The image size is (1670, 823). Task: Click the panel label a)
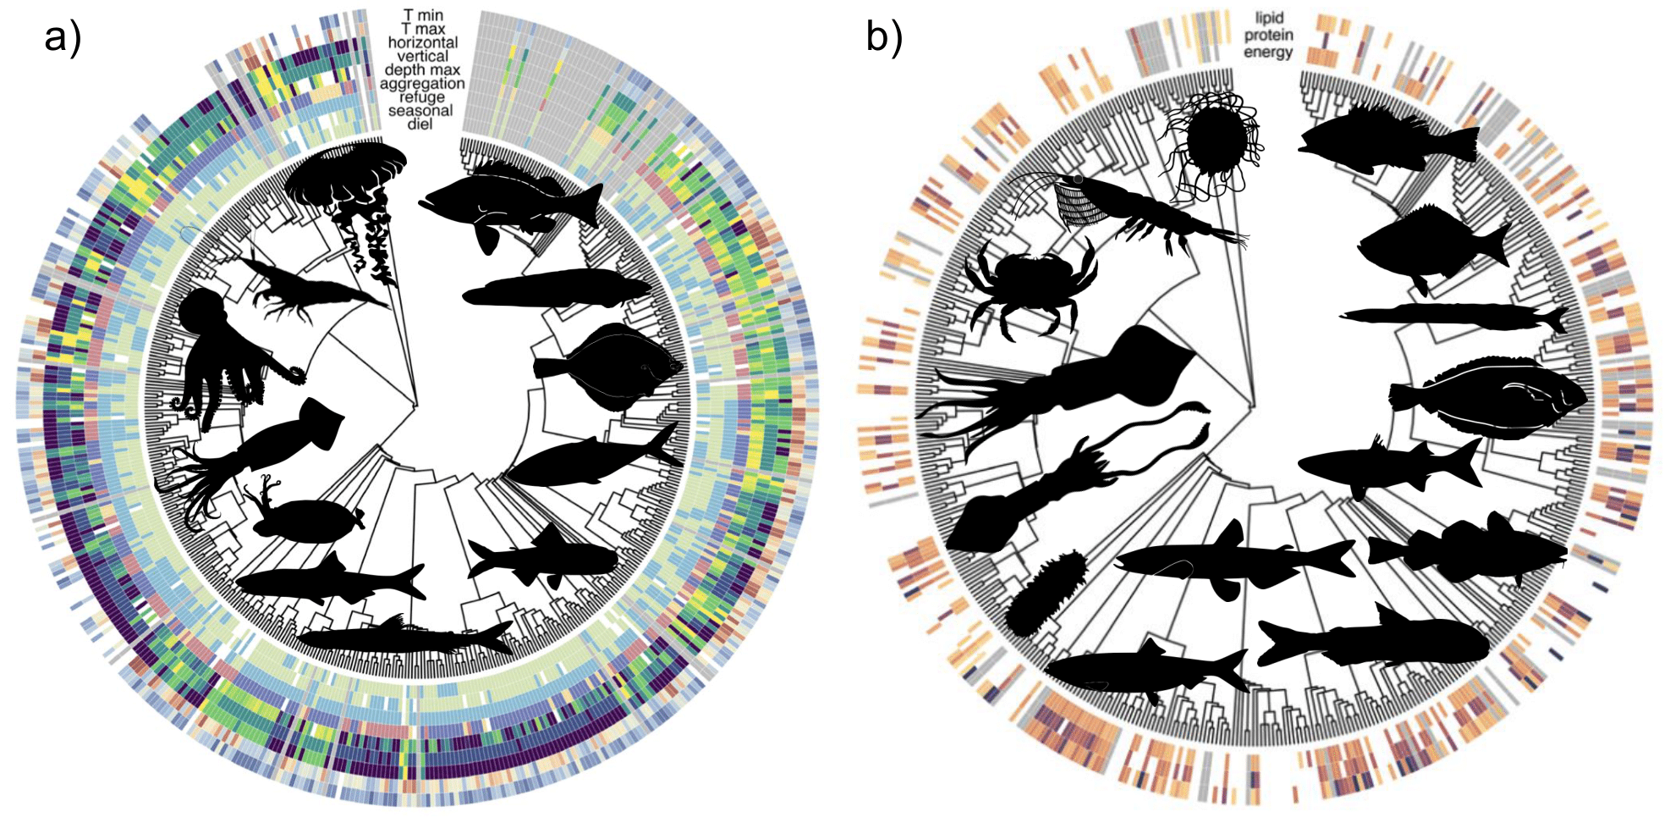[x=63, y=38]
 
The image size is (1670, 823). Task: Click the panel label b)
[x=884, y=36]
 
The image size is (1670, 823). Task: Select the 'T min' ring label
[x=422, y=15]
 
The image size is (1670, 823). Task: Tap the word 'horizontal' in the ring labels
[x=422, y=42]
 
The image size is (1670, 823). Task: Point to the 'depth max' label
[x=422, y=69]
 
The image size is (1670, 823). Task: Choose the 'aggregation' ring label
[x=422, y=83]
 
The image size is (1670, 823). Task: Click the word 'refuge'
[x=422, y=97]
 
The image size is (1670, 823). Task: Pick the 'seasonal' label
[x=420, y=110]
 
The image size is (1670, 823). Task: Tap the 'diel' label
[x=420, y=124]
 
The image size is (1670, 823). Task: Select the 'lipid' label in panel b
[x=1269, y=18]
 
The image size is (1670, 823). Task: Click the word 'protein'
[x=1268, y=35]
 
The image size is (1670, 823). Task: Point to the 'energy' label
[x=1268, y=52]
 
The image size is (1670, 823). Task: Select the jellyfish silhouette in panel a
[x=347, y=195]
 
